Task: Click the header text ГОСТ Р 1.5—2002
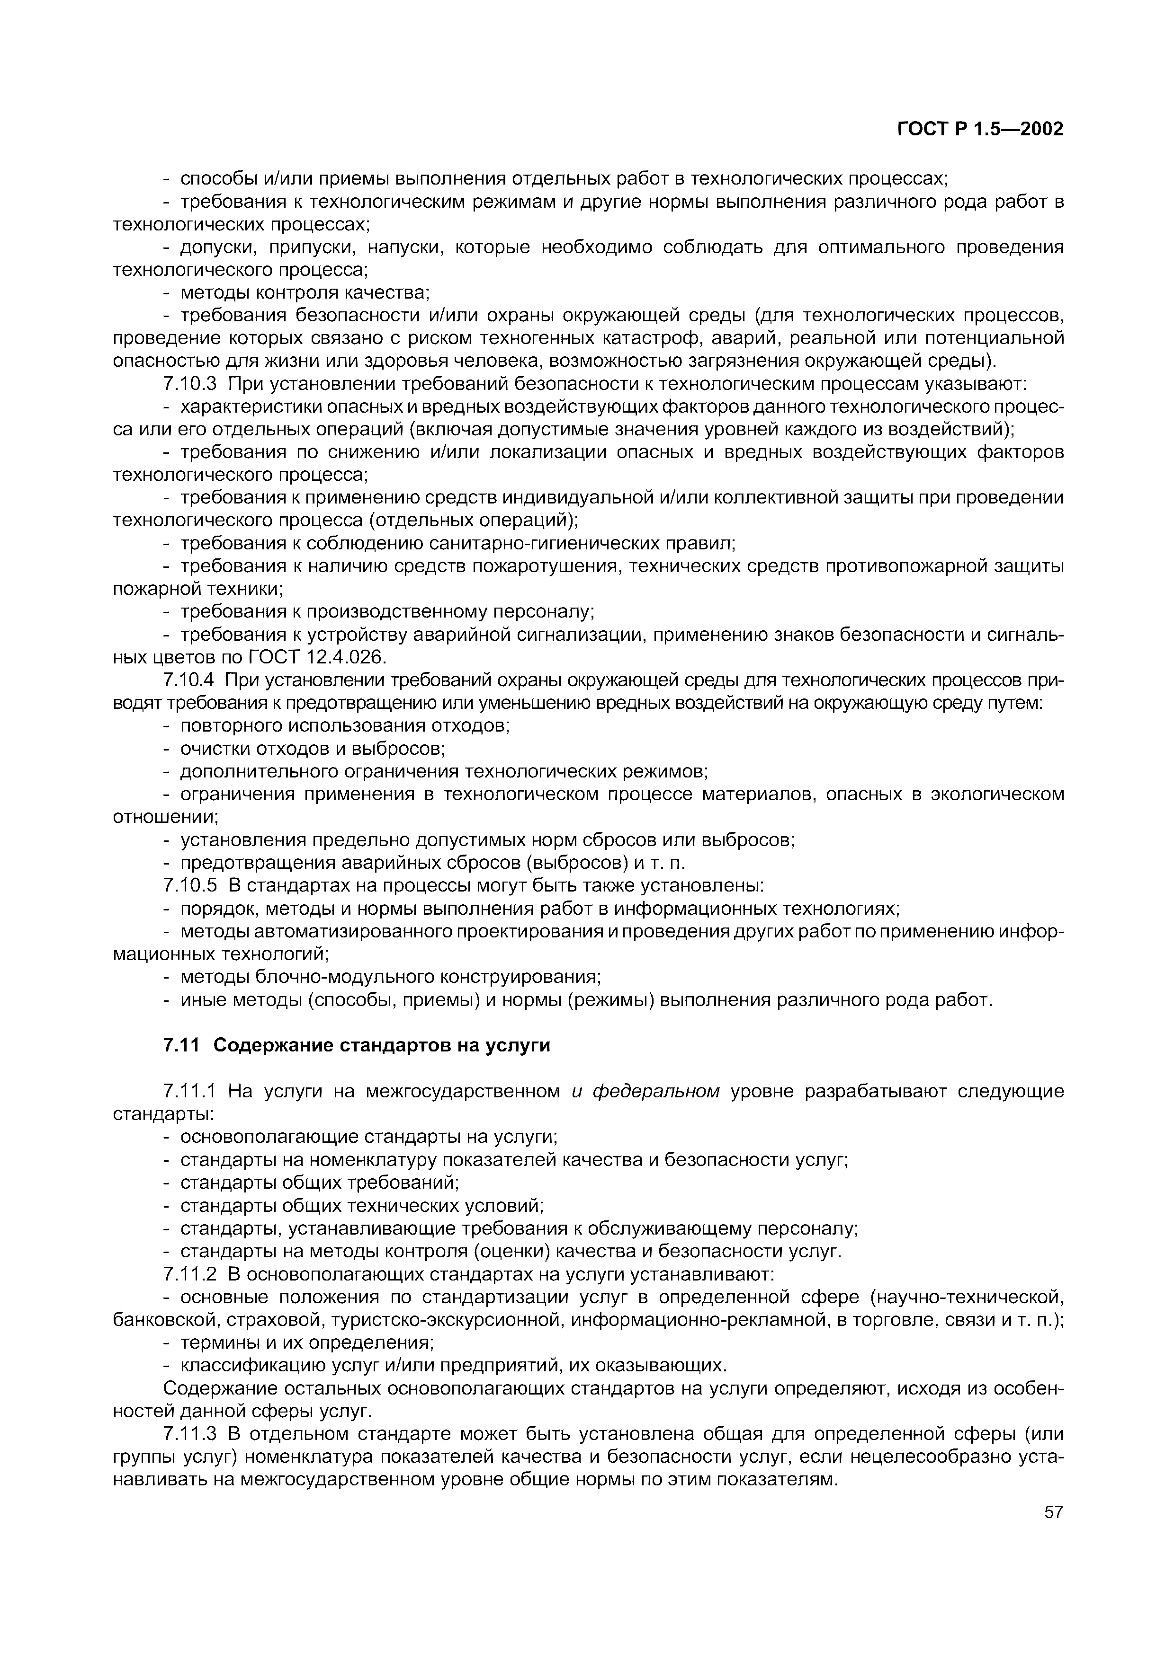coord(980,129)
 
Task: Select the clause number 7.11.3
coord(190,1434)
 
